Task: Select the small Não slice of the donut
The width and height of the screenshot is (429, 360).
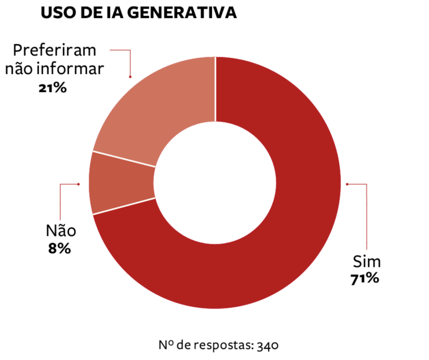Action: [122, 182]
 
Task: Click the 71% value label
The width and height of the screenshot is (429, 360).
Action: [364, 278]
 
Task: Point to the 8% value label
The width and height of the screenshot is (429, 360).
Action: [60, 249]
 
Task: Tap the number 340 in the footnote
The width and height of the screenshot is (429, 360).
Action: [268, 346]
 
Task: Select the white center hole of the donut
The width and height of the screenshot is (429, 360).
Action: [215, 182]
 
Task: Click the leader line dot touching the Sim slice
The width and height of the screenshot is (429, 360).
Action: [347, 185]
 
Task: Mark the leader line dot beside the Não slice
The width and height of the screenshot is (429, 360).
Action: [78, 184]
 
